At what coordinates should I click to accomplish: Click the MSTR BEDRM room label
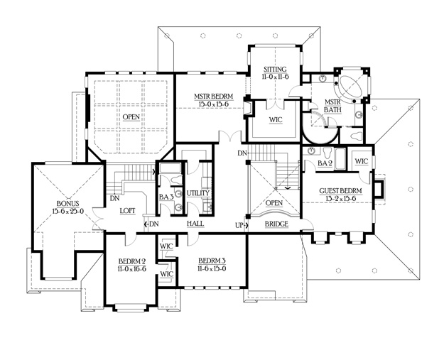214,97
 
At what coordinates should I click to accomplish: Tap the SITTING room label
275,69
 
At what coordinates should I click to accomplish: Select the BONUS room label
68,203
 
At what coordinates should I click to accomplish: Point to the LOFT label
127,211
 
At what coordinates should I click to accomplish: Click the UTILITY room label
198,193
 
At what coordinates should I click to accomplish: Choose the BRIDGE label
276,224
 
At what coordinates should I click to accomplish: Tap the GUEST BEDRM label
341,191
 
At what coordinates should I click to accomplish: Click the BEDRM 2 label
132,261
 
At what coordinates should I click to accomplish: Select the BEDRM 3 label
212,261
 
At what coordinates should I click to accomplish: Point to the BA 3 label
166,197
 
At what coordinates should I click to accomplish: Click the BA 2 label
325,163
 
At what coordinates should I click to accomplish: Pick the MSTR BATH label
332,106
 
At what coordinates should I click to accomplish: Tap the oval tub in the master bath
352,86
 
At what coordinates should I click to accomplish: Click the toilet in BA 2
327,153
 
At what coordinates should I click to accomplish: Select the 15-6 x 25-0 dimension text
68,211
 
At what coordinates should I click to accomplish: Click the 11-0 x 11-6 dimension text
275,77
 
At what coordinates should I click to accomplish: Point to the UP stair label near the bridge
239,225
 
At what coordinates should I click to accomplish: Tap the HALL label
195,224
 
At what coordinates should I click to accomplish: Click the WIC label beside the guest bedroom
362,161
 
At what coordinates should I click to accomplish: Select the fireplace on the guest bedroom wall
379,189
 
